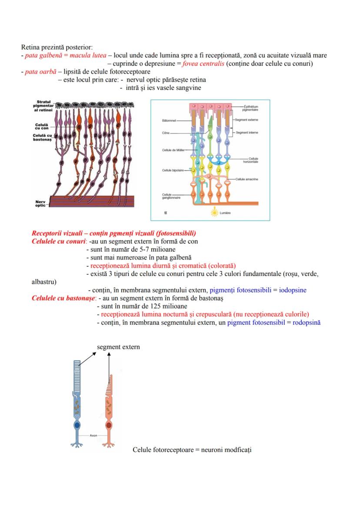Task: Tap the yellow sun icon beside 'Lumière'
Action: (x=213, y=213)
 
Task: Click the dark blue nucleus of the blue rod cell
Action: (x=77, y=425)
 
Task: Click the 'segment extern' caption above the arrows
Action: (x=118, y=347)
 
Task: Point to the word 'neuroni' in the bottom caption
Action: (x=212, y=449)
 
